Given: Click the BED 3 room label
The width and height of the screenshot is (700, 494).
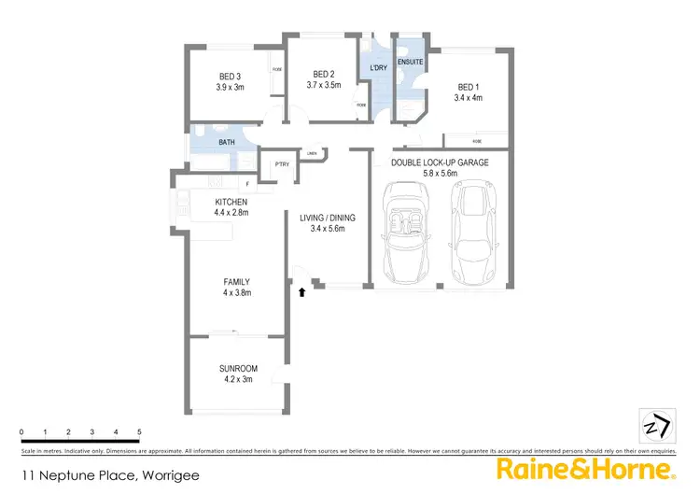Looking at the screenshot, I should pos(230,77).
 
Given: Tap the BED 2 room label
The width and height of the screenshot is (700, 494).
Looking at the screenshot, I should pos(323,74).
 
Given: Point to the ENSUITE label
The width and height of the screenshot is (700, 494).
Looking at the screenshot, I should pos(410,63).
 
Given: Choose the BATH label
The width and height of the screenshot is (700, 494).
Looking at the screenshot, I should pos(227,143).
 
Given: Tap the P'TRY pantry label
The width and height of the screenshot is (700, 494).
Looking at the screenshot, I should pos(281,165).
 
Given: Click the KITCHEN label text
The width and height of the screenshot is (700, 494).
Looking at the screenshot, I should pos(231,203).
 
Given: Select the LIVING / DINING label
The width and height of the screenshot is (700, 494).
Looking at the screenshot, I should pos(328,219).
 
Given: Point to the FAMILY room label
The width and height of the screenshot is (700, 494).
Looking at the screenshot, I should pos(235,281).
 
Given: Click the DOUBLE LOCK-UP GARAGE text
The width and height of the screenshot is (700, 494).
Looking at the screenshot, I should pos(440,162).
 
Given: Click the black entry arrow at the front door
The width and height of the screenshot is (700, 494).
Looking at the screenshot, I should pos(301,292).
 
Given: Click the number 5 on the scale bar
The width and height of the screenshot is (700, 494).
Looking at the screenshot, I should pos(139,432).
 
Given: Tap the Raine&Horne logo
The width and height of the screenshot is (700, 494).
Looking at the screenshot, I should pos(585,467).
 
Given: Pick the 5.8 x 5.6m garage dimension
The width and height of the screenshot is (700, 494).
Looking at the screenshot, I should pos(440,173).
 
